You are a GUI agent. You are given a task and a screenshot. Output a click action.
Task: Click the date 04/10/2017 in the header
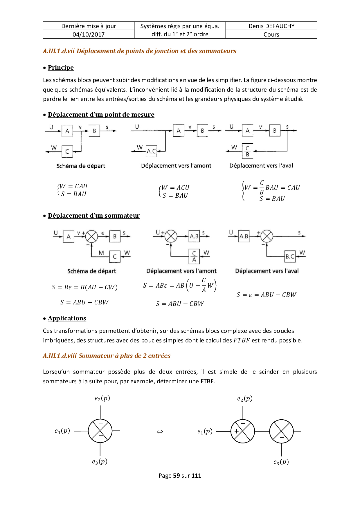coord(89,35)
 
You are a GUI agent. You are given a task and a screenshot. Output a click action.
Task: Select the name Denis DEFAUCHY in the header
coord(271,26)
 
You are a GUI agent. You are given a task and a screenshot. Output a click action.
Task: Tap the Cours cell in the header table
coord(271,35)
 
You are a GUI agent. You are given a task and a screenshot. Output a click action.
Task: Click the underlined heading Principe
coord(61,68)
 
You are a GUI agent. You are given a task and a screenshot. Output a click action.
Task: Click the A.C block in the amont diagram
coord(151,151)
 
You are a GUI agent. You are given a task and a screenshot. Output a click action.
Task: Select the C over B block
coord(247,151)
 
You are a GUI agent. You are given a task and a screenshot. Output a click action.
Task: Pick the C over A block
coord(194,256)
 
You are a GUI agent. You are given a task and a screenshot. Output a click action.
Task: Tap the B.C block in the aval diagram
coord(290,257)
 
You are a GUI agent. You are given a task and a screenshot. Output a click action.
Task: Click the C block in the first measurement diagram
coord(67,151)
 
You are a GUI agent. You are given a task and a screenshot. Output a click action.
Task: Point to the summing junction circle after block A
coord(91,237)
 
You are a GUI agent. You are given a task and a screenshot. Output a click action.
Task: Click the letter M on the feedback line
coord(101,253)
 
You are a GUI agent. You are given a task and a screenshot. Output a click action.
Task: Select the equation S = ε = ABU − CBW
coord(266,295)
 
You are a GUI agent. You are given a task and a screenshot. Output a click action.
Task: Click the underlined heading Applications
coord(67,318)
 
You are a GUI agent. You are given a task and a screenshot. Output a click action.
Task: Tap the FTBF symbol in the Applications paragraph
coord(241,340)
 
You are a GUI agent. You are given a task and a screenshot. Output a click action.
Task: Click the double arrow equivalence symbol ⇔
coord(160,432)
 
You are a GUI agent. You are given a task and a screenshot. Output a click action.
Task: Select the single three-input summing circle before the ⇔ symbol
coord(100,431)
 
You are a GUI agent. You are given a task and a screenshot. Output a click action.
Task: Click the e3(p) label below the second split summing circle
coord(281,462)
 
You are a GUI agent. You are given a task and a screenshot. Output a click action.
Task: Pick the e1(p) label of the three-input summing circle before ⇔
coord(62,431)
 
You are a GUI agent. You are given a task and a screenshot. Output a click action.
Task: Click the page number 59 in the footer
coord(177,476)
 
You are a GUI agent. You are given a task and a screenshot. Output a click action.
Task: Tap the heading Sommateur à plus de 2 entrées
coord(125,356)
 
